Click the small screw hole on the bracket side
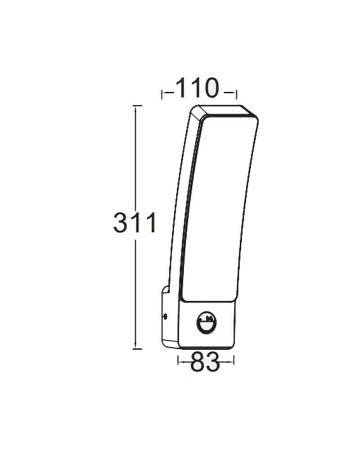point(166,316)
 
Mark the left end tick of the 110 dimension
point(162,93)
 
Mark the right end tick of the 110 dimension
point(236,93)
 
